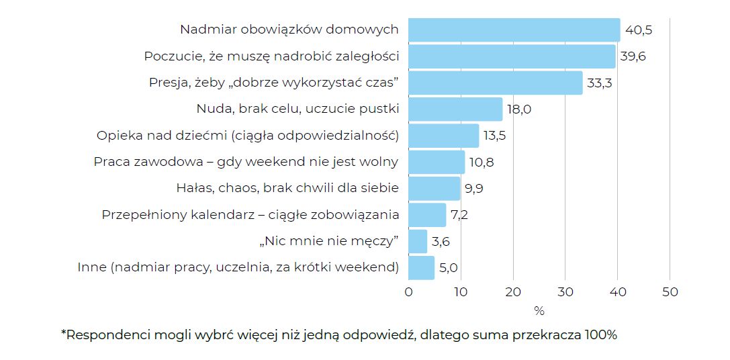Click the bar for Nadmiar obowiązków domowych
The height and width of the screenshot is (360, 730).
(x=514, y=30)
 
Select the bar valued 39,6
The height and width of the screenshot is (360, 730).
(x=512, y=56)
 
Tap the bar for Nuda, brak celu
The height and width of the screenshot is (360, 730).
(x=455, y=109)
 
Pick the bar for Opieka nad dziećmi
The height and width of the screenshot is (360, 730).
(x=443, y=136)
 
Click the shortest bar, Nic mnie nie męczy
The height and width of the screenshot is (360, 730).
(x=418, y=241)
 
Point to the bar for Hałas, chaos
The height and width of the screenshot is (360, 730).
(x=434, y=188)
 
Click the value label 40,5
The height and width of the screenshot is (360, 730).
(x=639, y=30)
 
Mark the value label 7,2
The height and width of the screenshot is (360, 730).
(x=460, y=215)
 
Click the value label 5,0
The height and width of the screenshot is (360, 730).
(x=448, y=267)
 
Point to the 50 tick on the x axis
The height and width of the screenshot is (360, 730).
(x=670, y=292)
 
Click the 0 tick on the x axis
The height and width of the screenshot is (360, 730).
(x=408, y=292)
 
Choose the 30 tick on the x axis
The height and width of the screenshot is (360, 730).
(x=565, y=292)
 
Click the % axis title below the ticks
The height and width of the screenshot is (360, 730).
(x=539, y=311)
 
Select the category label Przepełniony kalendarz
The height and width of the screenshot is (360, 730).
(x=250, y=215)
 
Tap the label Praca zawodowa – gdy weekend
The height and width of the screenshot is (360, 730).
(x=246, y=162)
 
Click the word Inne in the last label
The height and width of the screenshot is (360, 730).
(x=92, y=267)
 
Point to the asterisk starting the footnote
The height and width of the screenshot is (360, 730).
(x=64, y=333)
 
